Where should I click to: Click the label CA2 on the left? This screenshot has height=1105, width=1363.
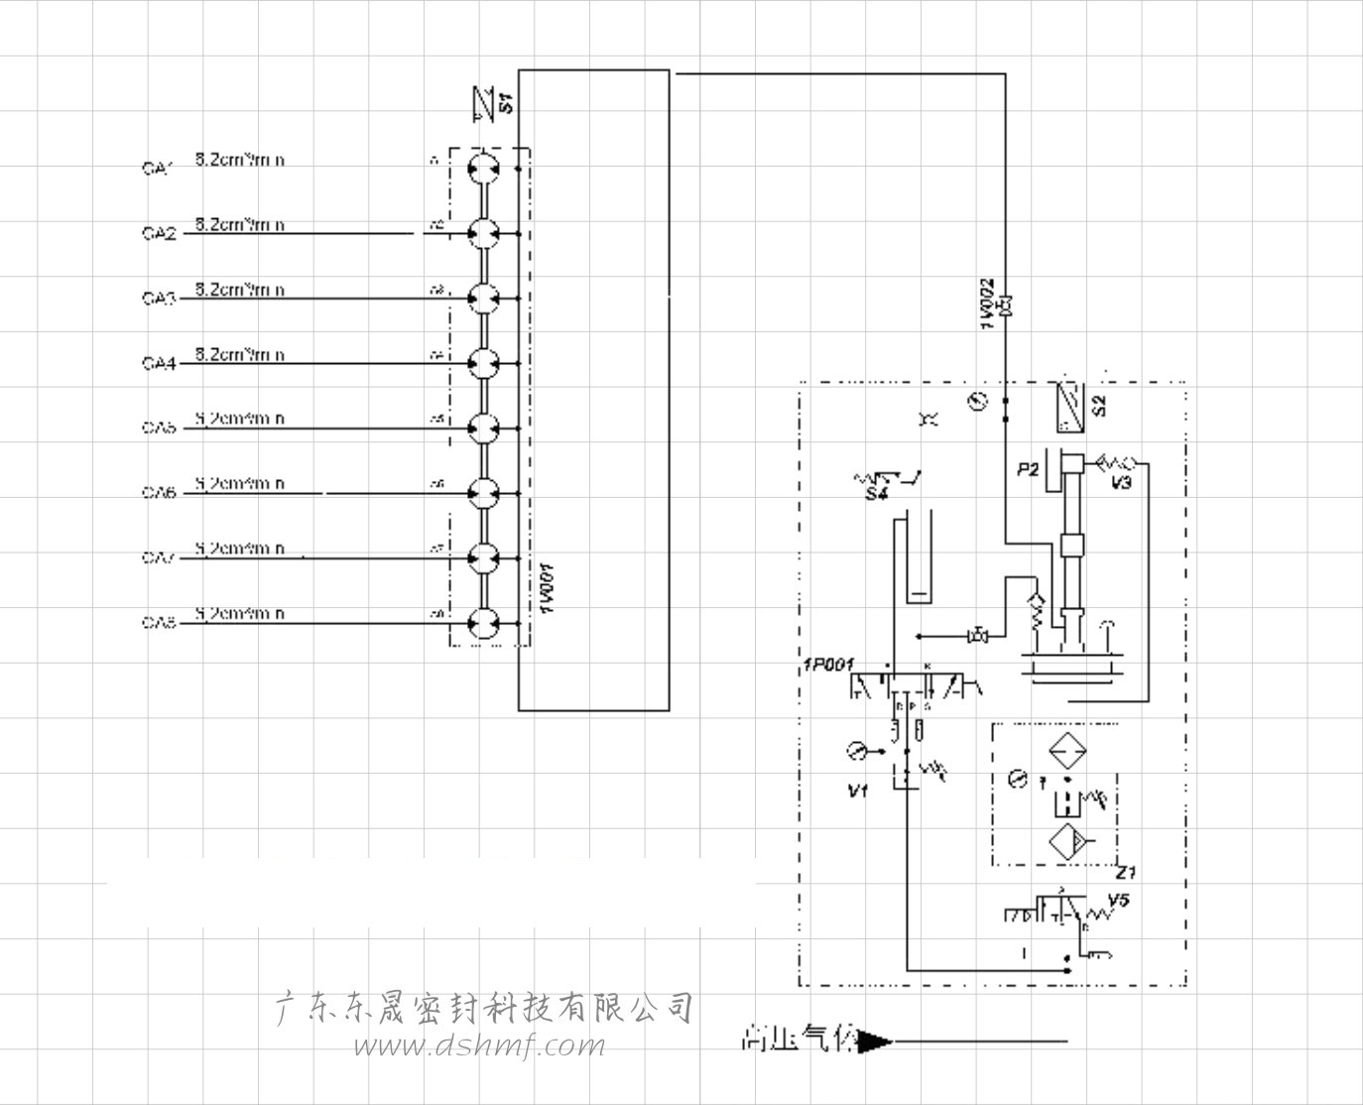[159, 234]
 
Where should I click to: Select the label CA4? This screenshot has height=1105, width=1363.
[159, 364]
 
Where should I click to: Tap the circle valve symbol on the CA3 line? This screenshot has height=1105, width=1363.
[483, 298]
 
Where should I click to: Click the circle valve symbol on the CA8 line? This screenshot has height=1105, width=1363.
[483, 624]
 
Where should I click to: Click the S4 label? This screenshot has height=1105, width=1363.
[875, 495]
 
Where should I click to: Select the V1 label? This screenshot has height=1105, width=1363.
[859, 792]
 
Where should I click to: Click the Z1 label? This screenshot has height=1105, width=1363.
[1127, 873]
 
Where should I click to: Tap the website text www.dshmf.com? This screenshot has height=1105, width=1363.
[479, 1045]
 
